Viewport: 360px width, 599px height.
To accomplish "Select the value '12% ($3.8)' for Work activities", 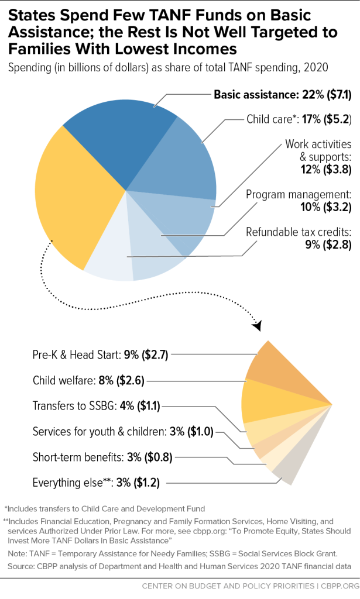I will pos(327,171).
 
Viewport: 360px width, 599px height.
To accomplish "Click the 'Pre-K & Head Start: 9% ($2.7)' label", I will pos(101,354).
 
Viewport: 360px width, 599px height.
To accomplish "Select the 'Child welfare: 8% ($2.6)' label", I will pos(88,380).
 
